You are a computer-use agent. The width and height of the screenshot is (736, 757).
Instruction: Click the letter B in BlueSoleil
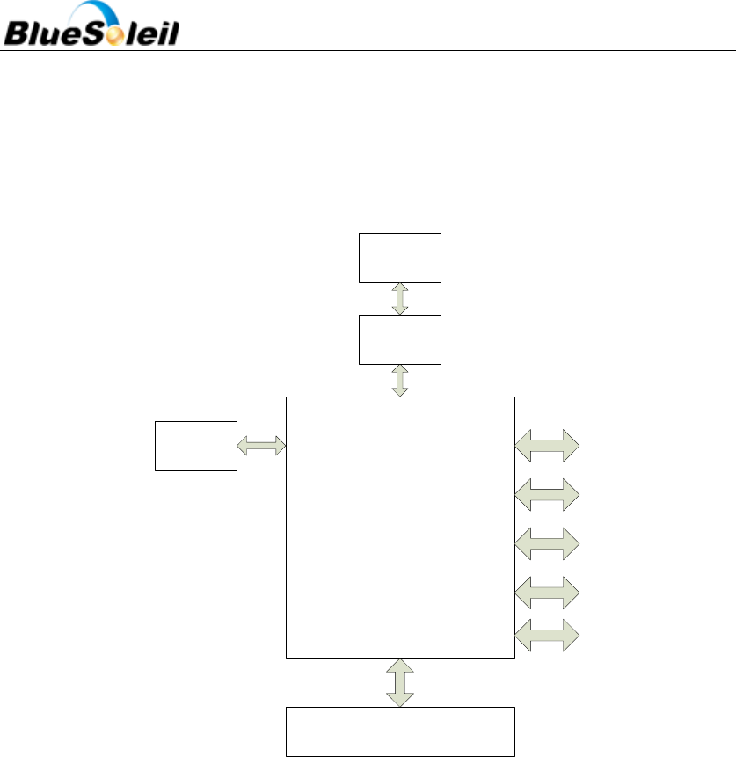pyautogui.click(x=19, y=34)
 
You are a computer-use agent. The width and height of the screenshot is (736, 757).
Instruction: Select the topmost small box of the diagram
pyautogui.click(x=400, y=258)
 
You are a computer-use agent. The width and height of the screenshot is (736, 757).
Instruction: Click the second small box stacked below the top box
pyautogui.click(x=400, y=339)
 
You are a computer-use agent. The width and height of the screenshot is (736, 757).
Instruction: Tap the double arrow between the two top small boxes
pyautogui.click(x=400, y=299)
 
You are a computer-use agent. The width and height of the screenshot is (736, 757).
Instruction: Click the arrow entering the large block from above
pyautogui.click(x=400, y=381)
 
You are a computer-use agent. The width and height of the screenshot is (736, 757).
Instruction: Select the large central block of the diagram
pyautogui.click(x=400, y=527)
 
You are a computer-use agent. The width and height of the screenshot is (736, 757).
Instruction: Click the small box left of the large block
pyautogui.click(x=196, y=446)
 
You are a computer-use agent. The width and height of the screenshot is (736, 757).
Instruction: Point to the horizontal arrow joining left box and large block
pyautogui.click(x=262, y=446)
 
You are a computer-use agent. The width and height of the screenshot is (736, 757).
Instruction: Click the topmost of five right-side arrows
pyautogui.click(x=547, y=445)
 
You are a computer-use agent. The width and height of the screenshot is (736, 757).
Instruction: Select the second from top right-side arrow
pyautogui.click(x=547, y=494)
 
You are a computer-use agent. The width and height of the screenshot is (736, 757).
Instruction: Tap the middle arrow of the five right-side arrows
pyautogui.click(x=547, y=543)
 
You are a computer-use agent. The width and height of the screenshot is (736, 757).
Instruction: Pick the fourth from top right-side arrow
pyautogui.click(x=547, y=593)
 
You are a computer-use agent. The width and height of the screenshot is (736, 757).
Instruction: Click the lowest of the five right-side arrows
pyautogui.click(x=547, y=635)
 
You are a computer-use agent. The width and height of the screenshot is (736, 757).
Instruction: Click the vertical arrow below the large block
pyautogui.click(x=400, y=681)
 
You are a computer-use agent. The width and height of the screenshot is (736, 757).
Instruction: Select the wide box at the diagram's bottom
pyautogui.click(x=400, y=731)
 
